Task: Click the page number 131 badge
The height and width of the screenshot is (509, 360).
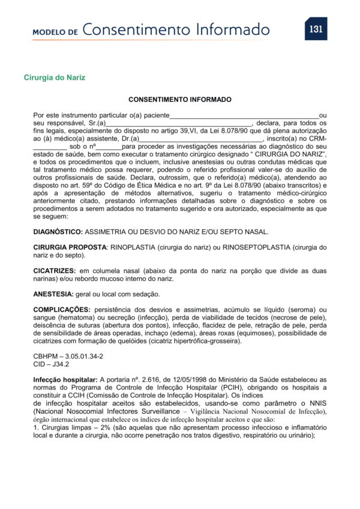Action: click(316, 29)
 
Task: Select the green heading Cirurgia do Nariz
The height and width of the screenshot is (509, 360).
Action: click(55, 77)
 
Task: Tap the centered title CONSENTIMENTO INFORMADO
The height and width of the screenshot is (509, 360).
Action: click(180, 99)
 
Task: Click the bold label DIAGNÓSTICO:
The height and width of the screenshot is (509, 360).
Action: click(58, 231)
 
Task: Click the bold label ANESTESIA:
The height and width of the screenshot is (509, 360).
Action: click(53, 294)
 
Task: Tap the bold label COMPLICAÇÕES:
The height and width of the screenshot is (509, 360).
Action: click(62, 310)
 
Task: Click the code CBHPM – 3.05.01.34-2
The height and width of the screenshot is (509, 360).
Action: click(68, 356)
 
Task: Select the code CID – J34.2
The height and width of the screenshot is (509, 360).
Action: click(52, 364)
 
